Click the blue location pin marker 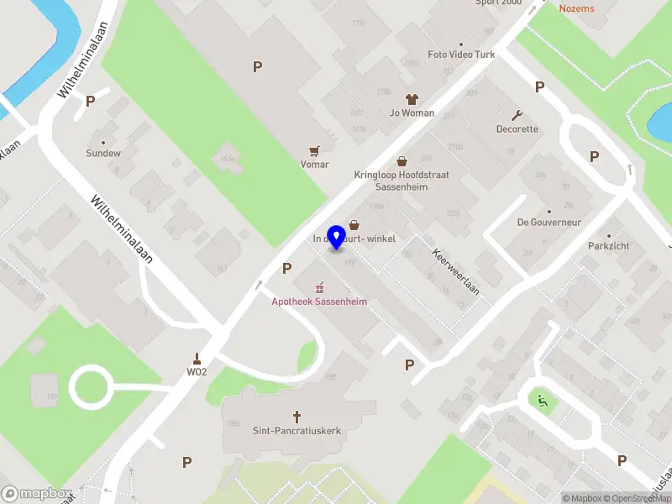[x=338, y=237]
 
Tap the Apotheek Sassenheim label [x=319, y=302]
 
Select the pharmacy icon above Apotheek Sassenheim [x=319, y=288]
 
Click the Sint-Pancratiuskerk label [x=297, y=431]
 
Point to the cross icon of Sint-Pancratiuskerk [x=297, y=416]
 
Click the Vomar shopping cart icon [x=315, y=151]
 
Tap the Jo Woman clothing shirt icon [x=412, y=99]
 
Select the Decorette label [x=517, y=129]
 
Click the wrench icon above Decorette [x=517, y=115]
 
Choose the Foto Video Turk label [x=461, y=55]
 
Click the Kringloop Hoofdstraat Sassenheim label [x=402, y=181]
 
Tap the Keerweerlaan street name [x=455, y=270]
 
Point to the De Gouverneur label [x=549, y=223]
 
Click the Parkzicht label [x=609, y=246]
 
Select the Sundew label [x=103, y=154]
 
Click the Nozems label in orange [x=576, y=8]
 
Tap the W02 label [x=197, y=371]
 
